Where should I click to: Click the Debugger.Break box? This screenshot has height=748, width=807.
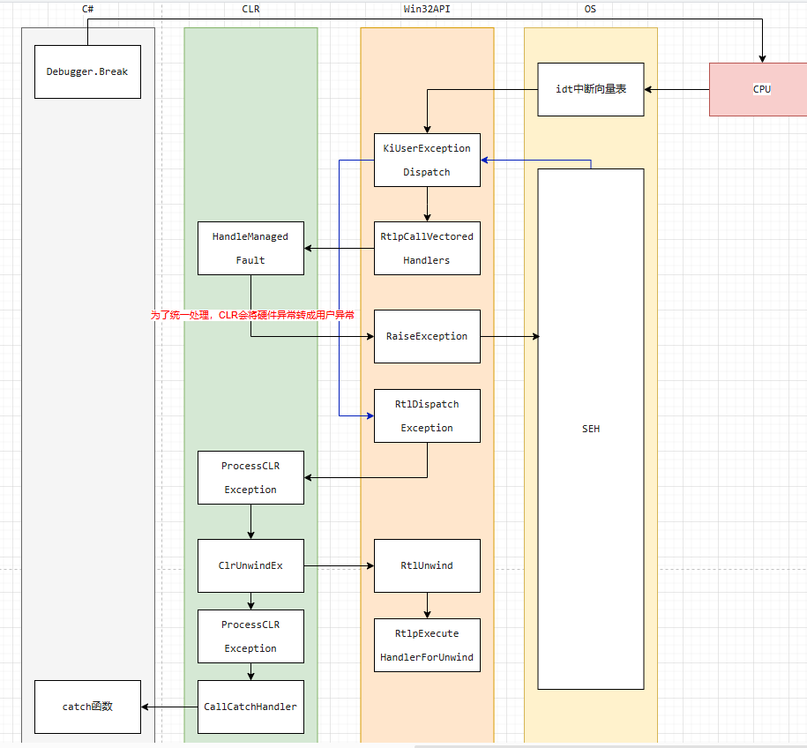(x=87, y=71)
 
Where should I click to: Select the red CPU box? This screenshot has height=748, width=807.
(x=761, y=89)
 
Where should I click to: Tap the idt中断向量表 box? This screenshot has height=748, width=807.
(x=591, y=89)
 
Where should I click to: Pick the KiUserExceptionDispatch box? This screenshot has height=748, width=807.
(x=427, y=160)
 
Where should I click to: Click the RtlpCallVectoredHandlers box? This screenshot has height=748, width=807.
(x=427, y=248)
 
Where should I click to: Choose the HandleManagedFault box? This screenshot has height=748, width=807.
(x=250, y=248)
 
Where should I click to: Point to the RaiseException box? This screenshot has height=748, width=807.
(x=427, y=336)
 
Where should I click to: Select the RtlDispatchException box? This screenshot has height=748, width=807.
(x=427, y=415)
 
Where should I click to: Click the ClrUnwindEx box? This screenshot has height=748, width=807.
(x=250, y=565)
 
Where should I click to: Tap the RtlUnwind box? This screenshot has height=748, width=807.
(x=427, y=565)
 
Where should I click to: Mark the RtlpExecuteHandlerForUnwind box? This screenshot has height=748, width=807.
(x=427, y=645)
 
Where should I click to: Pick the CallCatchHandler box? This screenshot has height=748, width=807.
(x=250, y=707)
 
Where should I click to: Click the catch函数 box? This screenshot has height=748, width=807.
(x=87, y=707)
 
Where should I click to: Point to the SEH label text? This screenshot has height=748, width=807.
(x=591, y=429)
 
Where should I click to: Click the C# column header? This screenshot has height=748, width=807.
(x=88, y=9)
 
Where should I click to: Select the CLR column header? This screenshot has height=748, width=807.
(x=250, y=9)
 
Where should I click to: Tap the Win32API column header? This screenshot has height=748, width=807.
(x=427, y=9)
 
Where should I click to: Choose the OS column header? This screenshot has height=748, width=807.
(x=590, y=9)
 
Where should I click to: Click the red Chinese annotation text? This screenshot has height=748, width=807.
(x=252, y=314)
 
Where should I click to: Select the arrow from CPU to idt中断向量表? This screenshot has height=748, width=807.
(x=677, y=89)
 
